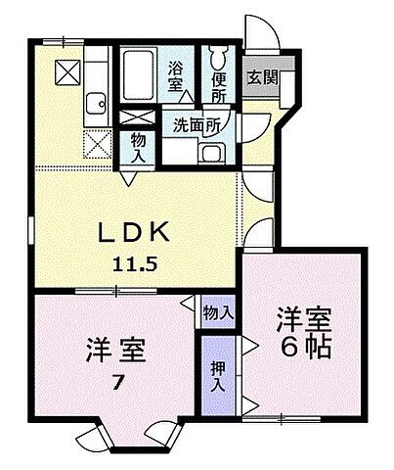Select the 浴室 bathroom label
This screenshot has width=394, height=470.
point(177,77)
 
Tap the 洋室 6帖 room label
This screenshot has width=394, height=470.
point(303,333)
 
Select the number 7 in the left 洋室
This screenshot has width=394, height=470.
point(117,383)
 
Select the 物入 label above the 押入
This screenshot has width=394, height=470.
point(218,312)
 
